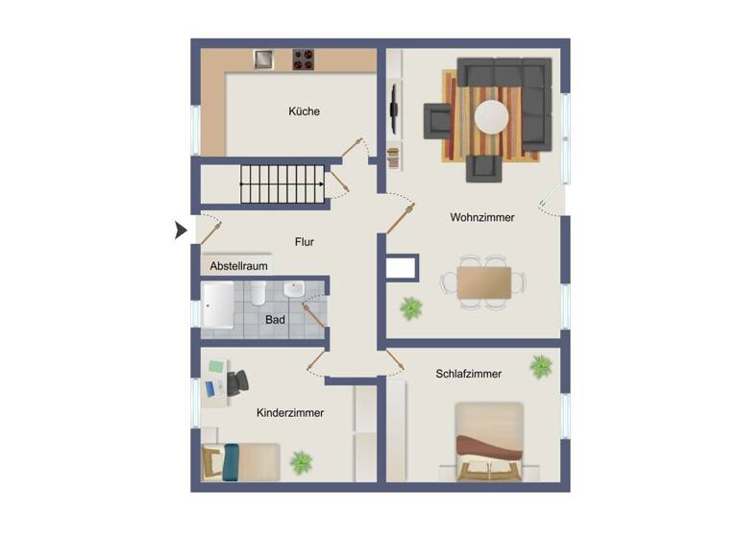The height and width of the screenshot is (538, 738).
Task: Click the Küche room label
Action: pyautogui.click(x=304, y=111)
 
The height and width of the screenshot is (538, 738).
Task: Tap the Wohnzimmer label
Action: pyautogui.click(x=481, y=218)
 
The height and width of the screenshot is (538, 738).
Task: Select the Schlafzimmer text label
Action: pyautogui.click(x=468, y=374)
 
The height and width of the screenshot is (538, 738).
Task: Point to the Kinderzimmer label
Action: pyautogui.click(x=290, y=413)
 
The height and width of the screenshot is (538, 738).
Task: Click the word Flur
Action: pyautogui.click(x=305, y=243)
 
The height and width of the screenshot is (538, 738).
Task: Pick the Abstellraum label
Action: pyautogui.click(x=239, y=266)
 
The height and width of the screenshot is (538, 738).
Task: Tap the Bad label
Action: pyautogui.click(x=275, y=319)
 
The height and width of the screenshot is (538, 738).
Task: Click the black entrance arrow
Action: pyautogui.click(x=180, y=231)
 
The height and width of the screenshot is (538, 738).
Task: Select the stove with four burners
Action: pyautogui.click(x=304, y=60)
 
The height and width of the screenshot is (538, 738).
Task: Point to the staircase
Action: pyautogui.click(x=282, y=183)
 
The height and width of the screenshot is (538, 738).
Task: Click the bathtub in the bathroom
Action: pyautogui.click(x=218, y=305)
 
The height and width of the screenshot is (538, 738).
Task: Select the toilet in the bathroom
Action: pyautogui.click(x=258, y=293)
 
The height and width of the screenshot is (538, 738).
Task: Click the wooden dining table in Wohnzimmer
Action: pyautogui.click(x=484, y=282)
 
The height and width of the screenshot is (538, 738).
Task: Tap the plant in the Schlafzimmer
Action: pyautogui.click(x=541, y=366)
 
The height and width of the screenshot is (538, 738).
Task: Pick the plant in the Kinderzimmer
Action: pyautogui.click(x=302, y=462)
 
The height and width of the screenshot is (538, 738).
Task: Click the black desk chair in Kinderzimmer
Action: pyautogui.click(x=235, y=381)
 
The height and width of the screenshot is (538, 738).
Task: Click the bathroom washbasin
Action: pyautogui.click(x=295, y=288)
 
